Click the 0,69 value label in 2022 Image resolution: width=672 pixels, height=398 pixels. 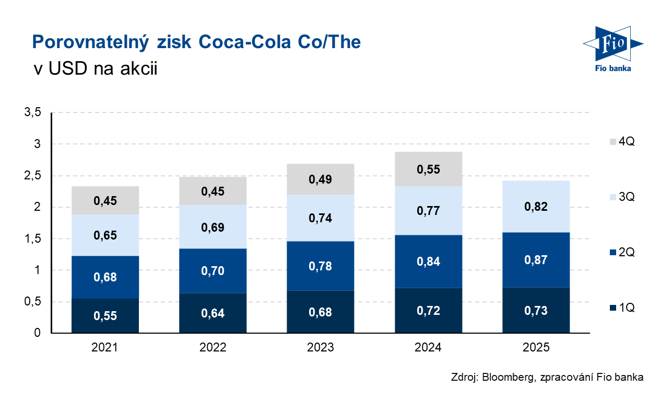(213, 228)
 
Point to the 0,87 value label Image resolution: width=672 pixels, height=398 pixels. (536, 260)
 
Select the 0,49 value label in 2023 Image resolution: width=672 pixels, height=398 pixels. (320, 179)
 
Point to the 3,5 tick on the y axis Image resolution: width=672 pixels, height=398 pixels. (32, 112)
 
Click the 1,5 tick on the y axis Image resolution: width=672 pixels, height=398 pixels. (32, 239)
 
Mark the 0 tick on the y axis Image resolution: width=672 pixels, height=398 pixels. (38, 333)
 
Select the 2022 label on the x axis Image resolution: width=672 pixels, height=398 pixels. (213, 347)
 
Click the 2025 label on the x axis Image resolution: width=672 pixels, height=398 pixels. (536, 347)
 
